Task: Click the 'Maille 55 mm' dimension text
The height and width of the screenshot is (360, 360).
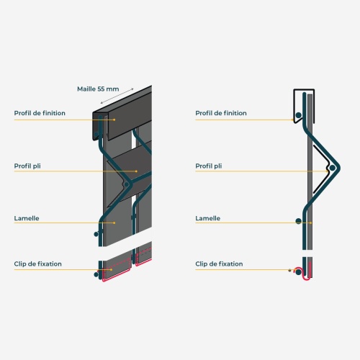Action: tap(98, 89)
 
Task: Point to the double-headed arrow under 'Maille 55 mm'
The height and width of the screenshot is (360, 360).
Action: tap(117, 96)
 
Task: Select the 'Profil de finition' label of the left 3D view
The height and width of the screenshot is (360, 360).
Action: tap(40, 113)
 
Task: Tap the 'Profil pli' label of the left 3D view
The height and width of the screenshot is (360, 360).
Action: tap(27, 166)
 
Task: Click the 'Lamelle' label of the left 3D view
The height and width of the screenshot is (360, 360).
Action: tap(27, 218)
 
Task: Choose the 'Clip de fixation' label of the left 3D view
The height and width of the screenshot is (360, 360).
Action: tap(37, 264)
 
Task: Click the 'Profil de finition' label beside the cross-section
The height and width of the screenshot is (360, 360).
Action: tap(221, 113)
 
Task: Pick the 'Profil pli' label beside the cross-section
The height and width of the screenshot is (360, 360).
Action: tap(209, 166)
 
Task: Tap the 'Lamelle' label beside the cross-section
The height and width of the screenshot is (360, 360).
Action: tap(207, 218)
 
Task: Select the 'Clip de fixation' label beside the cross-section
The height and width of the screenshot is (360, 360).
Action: tap(219, 264)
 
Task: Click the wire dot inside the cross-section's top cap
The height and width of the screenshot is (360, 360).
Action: tap(298, 115)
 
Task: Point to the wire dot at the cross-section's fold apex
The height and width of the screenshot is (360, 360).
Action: tap(332, 168)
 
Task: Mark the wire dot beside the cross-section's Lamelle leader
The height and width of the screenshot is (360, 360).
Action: tap(298, 221)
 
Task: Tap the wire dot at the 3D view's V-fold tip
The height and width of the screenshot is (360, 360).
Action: tap(126, 184)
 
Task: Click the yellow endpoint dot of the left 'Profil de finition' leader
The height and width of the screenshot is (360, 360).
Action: tap(114, 120)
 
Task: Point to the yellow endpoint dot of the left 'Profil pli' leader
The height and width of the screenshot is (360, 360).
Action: tap(136, 171)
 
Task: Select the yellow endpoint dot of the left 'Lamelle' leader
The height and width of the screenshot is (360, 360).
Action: tap(114, 222)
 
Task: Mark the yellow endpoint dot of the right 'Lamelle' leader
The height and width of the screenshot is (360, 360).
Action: tap(311, 222)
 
